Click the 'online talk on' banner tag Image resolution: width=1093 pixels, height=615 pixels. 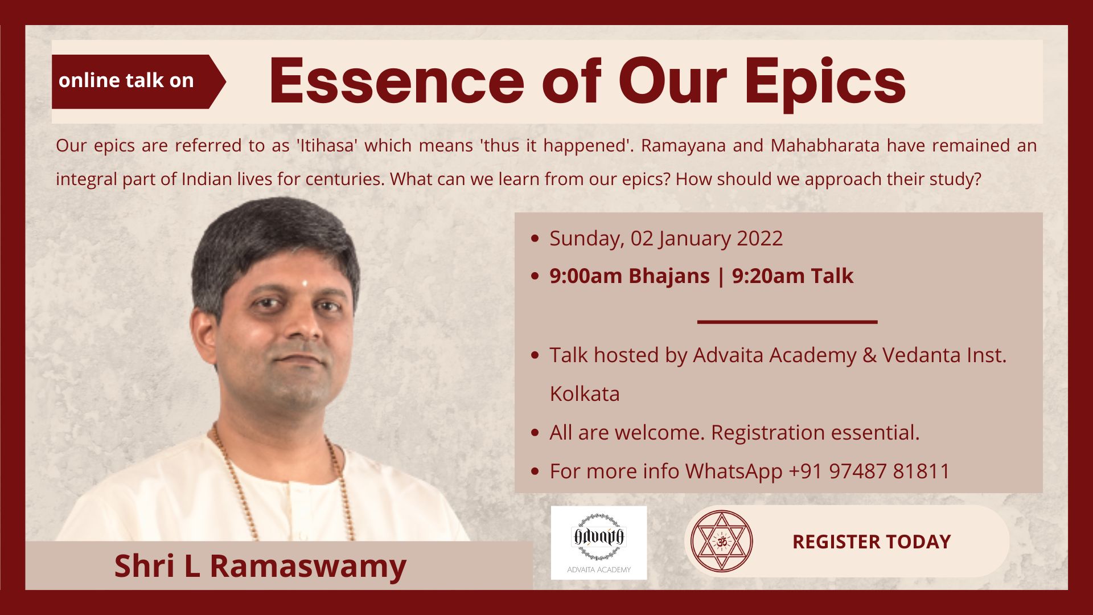[138, 81]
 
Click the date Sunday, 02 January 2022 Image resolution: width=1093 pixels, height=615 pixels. [666, 239]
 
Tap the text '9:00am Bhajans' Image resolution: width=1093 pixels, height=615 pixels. [630, 276]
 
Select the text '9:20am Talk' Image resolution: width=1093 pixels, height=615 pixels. [792, 276]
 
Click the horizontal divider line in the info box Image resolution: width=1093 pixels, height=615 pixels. [787, 322]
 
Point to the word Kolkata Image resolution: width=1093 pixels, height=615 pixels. [585, 394]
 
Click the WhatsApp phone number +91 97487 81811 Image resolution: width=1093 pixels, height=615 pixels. [869, 471]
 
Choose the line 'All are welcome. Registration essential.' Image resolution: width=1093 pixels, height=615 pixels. [734, 433]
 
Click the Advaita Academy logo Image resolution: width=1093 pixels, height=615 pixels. [599, 543]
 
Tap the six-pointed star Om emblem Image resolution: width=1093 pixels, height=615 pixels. [722, 541]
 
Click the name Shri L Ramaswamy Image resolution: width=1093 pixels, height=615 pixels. [260, 566]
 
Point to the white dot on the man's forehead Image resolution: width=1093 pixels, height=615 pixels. [305, 282]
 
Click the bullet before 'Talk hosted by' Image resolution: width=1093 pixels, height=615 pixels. [535, 355]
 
